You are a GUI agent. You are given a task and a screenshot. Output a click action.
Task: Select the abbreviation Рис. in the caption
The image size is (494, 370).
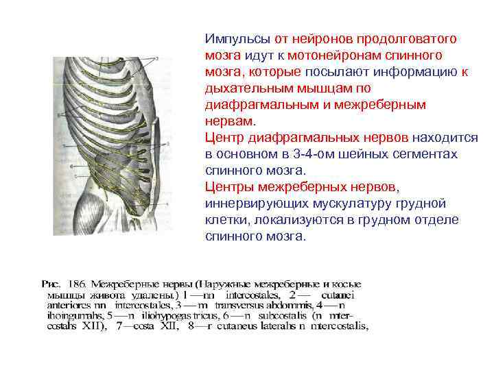coord(52,282)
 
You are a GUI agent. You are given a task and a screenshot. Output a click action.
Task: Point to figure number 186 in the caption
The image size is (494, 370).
coord(73,282)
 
